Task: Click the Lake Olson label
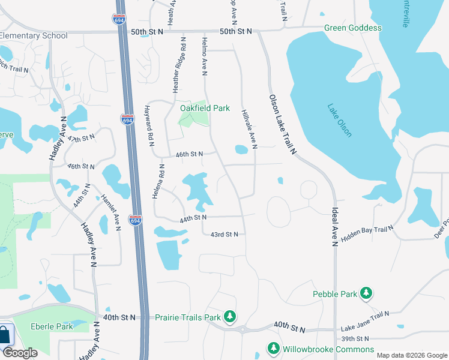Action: click(x=340, y=121)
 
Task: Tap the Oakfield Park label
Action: click(x=205, y=109)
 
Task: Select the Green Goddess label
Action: click(x=353, y=28)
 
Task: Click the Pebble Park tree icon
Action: click(x=366, y=293)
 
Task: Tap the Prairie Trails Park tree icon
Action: click(x=229, y=316)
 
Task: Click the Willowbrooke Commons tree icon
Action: click(x=274, y=349)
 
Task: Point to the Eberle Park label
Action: click(x=52, y=326)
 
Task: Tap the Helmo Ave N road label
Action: click(x=205, y=56)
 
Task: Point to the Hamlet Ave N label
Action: click(x=112, y=212)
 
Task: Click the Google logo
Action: click(x=20, y=353)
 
